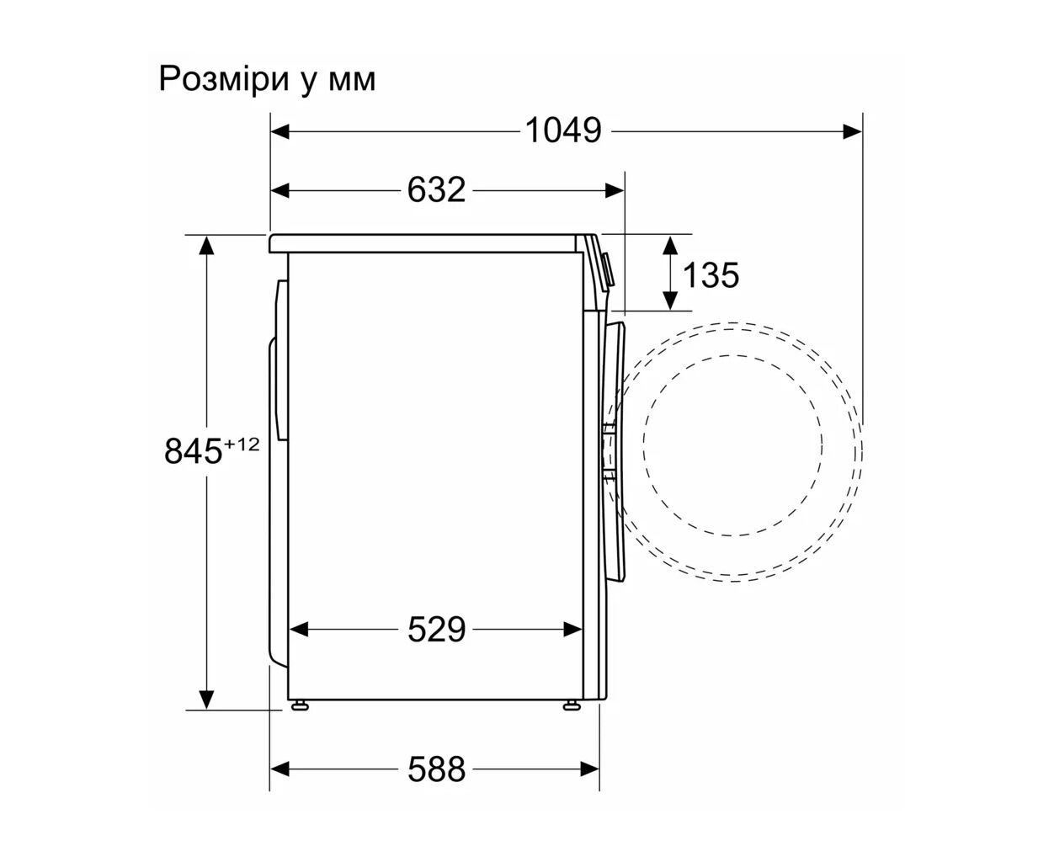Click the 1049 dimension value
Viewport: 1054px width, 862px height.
[563, 131]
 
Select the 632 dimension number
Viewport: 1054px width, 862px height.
[436, 190]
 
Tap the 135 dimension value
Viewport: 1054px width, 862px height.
[711, 274]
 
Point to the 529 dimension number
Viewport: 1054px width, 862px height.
[436, 629]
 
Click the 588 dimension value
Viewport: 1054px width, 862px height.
[436, 769]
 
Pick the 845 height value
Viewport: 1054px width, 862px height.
[193, 450]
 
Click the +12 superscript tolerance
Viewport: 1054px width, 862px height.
[242, 444]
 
